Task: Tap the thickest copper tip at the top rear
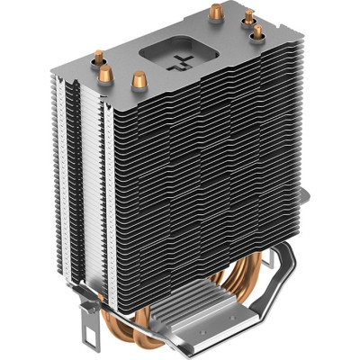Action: pyautogui.click(x=217, y=12)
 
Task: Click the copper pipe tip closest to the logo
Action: pyautogui.click(x=139, y=79)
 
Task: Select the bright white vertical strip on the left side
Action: pyautogui.click(x=77, y=180)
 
